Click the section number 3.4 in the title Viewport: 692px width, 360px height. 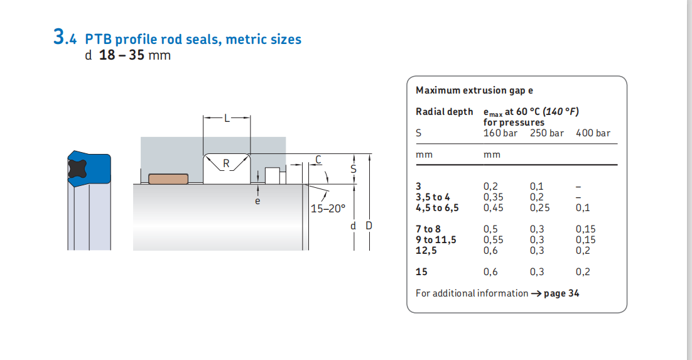coord(65,38)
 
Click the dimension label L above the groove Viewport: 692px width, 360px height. coord(227,117)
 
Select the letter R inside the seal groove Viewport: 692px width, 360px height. coord(227,164)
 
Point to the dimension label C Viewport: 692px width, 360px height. coord(318,160)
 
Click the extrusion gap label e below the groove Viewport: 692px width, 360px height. coord(257,201)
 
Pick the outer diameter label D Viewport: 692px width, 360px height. coord(369,226)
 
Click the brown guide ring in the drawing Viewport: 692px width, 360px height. coord(168,178)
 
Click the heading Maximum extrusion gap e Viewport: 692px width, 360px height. coord(474,90)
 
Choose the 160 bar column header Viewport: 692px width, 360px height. coord(500,133)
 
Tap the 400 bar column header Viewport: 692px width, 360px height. coord(593,133)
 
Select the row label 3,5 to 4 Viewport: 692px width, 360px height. coord(433,197)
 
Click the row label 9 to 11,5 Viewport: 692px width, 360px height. coord(436,239)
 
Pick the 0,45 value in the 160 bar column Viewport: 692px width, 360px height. coord(494,207)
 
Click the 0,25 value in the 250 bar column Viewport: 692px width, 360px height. coord(540,207)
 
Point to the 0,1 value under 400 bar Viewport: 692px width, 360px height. coord(582,207)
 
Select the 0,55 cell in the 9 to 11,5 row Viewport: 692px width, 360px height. coord(494,239)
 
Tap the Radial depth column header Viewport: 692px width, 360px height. coord(444,112)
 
